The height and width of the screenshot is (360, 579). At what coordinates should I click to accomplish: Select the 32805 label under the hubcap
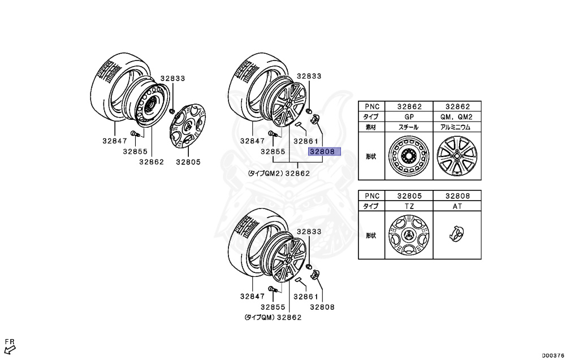point(188,162)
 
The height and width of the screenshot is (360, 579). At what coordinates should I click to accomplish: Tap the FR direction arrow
point(10,343)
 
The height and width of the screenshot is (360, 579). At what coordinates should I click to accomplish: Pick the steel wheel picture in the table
point(408,157)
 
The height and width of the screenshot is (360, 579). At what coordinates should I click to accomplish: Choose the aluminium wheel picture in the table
point(457,157)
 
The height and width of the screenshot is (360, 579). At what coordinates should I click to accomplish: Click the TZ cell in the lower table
point(408,206)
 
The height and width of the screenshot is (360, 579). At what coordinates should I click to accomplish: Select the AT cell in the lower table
point(457,206)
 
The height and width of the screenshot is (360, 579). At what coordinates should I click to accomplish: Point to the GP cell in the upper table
point(408,116)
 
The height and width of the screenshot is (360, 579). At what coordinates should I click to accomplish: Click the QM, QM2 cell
point(457,116)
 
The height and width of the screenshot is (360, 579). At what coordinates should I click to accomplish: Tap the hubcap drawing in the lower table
point(408,236)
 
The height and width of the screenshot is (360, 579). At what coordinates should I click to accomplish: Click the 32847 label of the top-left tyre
point(115,140)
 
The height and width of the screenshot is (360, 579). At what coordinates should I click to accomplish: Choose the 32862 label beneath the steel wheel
point(151,162)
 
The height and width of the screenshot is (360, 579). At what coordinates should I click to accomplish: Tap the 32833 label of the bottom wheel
point(309,231)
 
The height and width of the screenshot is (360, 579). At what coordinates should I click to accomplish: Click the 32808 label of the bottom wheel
point(322,307)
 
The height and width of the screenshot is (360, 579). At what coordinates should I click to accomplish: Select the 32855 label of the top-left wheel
point(135,151)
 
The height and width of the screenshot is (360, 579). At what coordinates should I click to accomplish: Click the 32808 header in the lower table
point(457,195)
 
